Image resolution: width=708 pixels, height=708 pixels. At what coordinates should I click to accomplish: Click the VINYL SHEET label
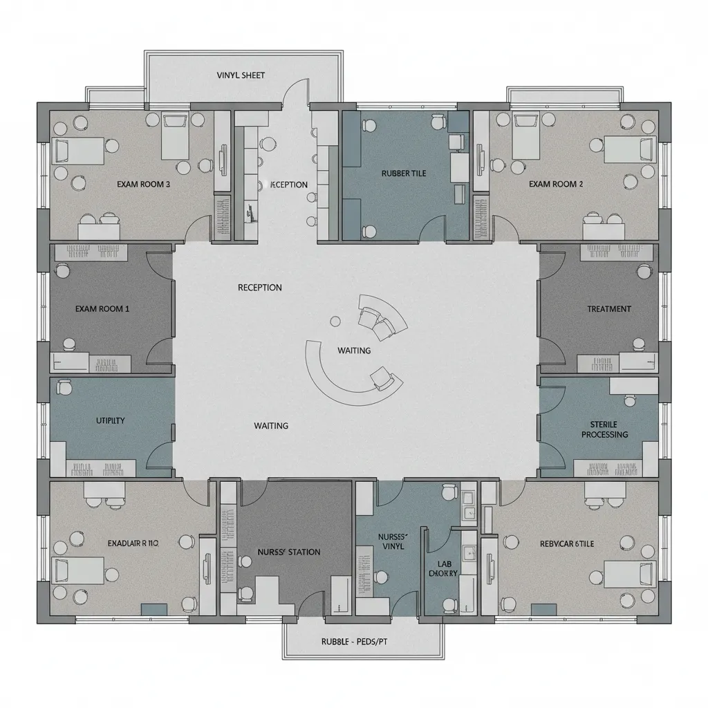click(x=241, y=75)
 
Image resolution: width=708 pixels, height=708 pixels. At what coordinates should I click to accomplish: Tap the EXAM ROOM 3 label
click(x=144, y=184)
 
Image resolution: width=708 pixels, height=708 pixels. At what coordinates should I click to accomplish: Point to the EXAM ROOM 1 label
click(x=102, y=309)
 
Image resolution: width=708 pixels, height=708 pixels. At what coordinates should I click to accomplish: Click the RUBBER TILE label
click(x=404, y=174)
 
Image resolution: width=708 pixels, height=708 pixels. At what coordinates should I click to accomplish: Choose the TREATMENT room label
click(x=609, y=309)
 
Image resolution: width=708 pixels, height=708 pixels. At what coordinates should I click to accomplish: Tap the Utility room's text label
click(x=110, y=420)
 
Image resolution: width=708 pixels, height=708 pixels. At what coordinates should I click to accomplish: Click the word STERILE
click(x=604, y=424)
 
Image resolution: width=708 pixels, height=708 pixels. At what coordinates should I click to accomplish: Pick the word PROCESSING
click(x=604, y=434)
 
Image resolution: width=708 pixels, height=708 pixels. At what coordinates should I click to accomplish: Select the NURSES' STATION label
click(x=289, y=552)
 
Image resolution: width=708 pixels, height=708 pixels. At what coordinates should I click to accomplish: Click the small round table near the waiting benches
click(x=336, y=321)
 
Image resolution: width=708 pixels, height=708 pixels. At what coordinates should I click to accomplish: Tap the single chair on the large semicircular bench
click(x=380, y=377)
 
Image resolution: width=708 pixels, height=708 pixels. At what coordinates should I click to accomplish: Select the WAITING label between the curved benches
click(x=354, y=351)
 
